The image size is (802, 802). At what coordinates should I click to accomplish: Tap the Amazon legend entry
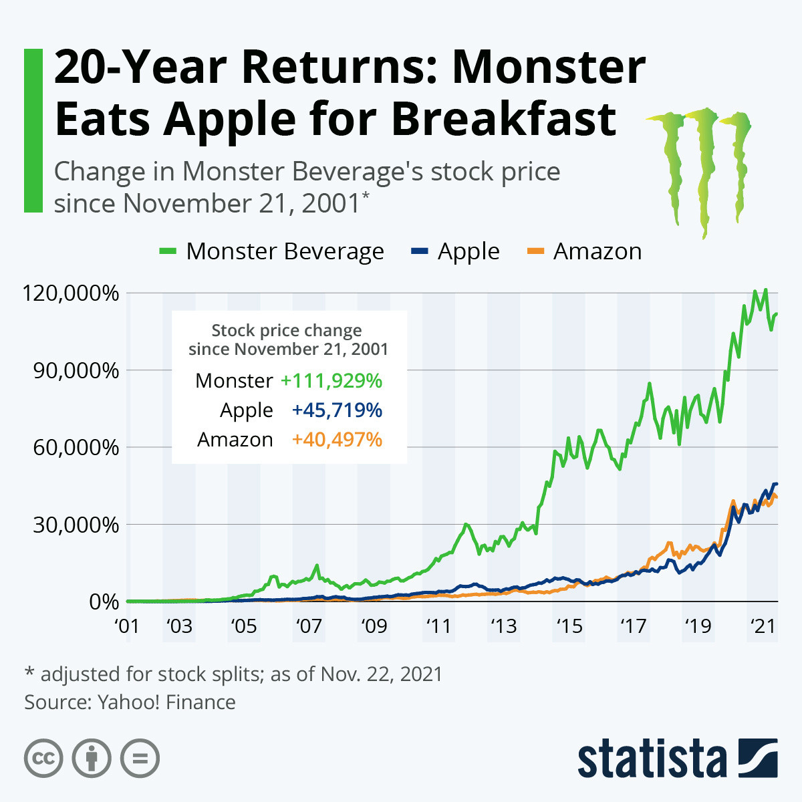[585, 251]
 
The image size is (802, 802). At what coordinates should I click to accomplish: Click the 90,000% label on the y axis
[76, 370]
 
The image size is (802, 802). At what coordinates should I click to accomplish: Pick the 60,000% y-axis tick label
[76, 447]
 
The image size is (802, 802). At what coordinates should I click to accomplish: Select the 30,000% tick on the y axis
[76, 525]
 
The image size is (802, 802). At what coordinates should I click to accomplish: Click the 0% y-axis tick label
[104, 601]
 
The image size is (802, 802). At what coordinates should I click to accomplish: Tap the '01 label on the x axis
[126, 627]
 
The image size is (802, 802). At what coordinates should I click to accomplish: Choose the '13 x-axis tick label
[503, 627]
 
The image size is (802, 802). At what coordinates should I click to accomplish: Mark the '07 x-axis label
[308, 627]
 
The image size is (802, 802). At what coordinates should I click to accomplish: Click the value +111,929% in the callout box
[331, 381]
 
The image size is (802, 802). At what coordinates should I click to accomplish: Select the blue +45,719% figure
[337, 410]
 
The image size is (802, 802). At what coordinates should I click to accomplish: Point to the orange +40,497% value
[337, 440]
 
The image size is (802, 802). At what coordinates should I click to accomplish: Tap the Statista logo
[677, 759]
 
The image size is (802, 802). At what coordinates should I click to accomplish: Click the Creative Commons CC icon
[43, 759]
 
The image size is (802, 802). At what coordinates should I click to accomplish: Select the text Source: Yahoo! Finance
[130, 702]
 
